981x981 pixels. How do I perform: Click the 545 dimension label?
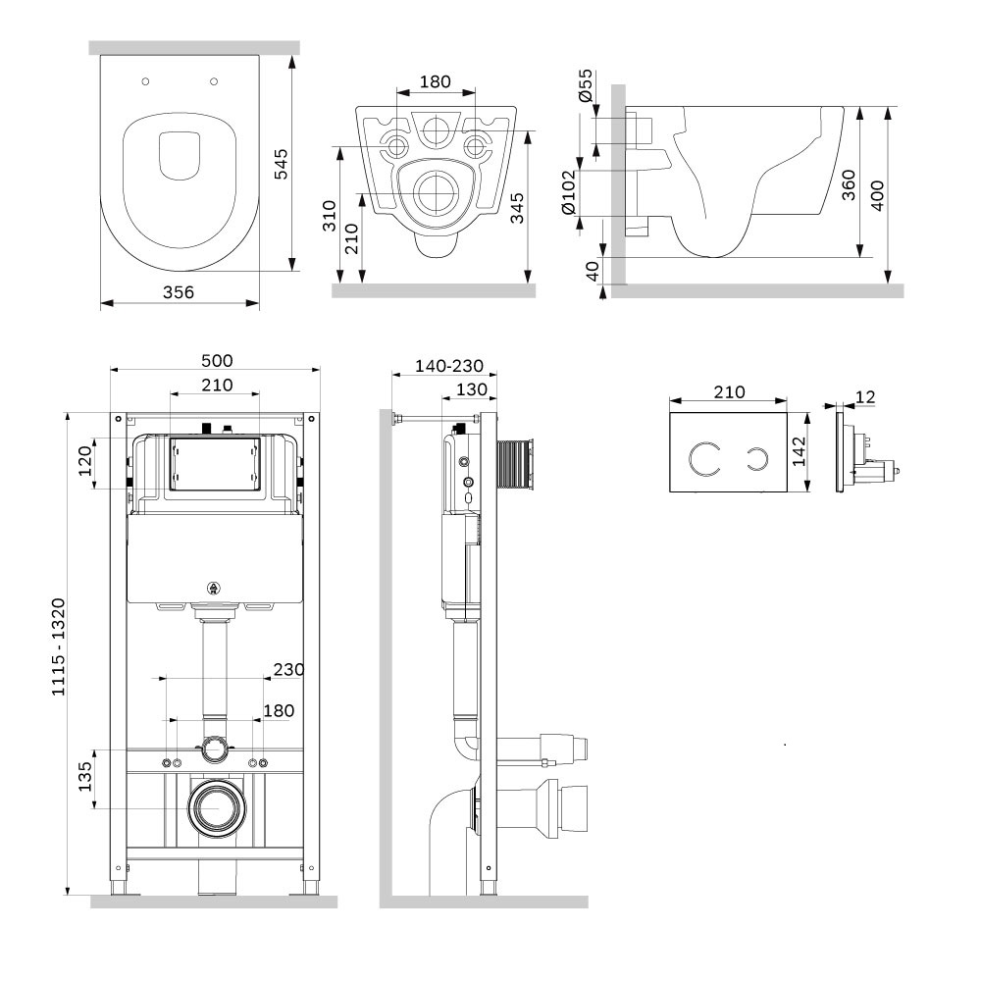[282, 164]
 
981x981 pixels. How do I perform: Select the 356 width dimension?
[179, 292]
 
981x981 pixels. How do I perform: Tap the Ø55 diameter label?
[585, 85]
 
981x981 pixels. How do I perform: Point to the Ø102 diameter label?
[568, 192]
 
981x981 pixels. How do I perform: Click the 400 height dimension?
[878, 195]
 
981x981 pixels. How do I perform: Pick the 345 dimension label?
[517, 208]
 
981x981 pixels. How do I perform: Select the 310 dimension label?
[330, 215]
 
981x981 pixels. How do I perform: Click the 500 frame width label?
[217, 361]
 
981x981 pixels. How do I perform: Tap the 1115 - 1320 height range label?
[58, 646]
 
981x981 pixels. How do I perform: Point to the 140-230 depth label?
[449, 366]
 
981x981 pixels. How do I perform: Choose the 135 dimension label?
[85, 776]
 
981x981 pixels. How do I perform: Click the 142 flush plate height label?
[800, 451]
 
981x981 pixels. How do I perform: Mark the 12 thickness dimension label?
[865, 396]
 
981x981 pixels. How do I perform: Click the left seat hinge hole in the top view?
[146, 81]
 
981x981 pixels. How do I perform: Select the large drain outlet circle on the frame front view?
[217, 807]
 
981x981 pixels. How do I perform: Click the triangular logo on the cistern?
[214, 588]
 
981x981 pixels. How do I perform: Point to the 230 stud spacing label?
[288, 669]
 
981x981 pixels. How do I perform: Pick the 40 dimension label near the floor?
[593, 271]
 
